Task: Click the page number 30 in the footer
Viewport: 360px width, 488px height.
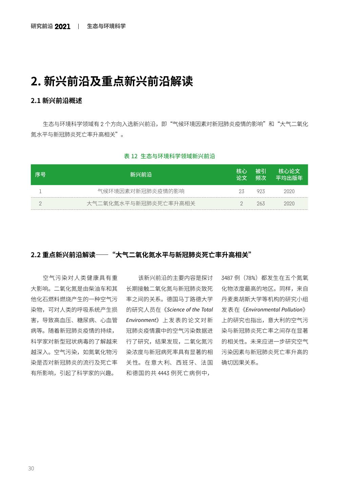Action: tap(31, 468)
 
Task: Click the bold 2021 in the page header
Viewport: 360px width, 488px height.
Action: tap(62, 26)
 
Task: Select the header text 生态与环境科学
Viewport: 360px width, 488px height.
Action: tap(106, 26)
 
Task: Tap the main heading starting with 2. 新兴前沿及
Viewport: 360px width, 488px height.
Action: tap(112, 81)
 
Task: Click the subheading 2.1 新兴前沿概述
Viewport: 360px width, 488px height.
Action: tap(56, 101)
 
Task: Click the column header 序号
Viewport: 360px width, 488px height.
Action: tap(40, 175)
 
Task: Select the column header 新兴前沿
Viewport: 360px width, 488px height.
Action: tap(141, 175)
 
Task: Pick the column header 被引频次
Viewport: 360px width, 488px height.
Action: tap(261, 175)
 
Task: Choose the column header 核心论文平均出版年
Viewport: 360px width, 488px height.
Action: tap(289, 175)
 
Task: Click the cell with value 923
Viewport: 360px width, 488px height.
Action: tap(261, 191)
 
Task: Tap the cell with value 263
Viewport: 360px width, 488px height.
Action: tap(261, 203)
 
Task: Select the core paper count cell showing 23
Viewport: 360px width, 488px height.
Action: tap(241, 191)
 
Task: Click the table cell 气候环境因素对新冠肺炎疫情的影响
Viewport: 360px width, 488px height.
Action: tap(141, 191)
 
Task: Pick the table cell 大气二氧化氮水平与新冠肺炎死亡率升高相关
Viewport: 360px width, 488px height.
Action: tap(141, 203)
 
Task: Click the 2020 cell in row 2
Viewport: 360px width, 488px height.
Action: tap(289, 203)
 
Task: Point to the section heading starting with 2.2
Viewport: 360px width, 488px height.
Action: tap(141, 255)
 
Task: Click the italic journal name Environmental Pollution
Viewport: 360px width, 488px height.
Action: tap(274, 309)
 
